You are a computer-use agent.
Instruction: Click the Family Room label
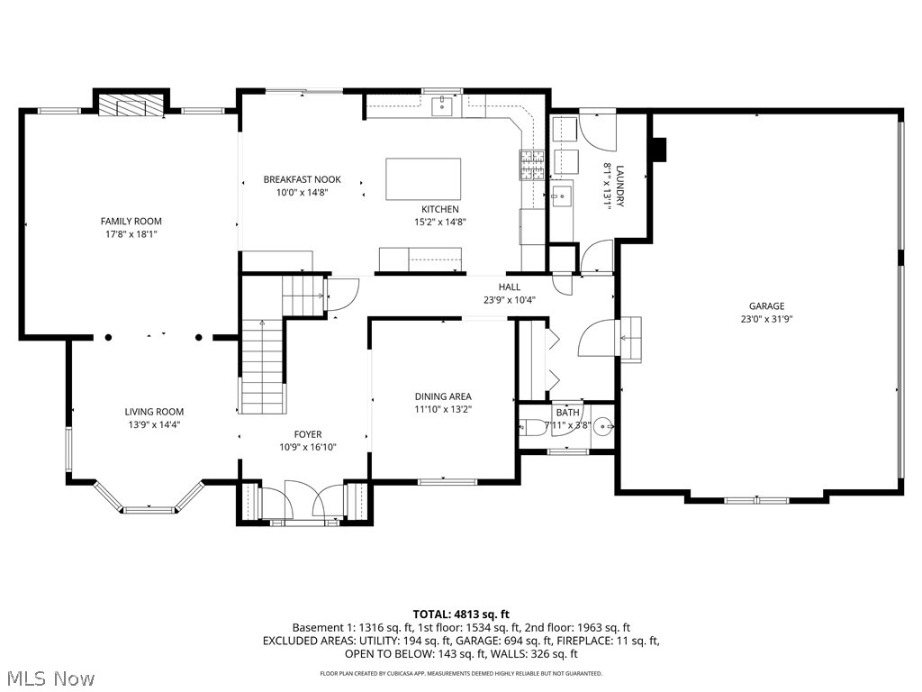pos(131,221)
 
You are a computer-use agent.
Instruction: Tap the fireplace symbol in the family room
pos(132,105)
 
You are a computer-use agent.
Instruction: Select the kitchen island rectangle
pos(423,178)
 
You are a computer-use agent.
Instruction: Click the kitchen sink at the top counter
pos(442,106)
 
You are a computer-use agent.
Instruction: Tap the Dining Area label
pos(443,396)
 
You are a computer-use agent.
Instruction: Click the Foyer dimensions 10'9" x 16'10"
pos(307,447)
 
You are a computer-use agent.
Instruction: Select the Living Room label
pos(154,412)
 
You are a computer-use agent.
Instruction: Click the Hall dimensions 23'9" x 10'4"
pos(510,300)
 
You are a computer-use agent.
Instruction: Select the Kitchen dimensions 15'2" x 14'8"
pos(440,222)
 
